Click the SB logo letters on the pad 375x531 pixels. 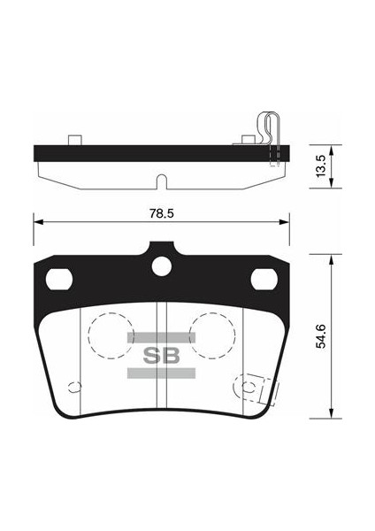click(x=160, y=356)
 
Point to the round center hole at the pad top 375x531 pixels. click(x=161, y=265)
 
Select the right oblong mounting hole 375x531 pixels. click(x=264, y=279)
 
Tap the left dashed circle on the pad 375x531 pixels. click(x=109, y=336)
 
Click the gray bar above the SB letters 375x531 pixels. click(x=160, y=337)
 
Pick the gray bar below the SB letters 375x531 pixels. click(x=160, y=374)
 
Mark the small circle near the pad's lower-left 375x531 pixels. click(x=74, y=386)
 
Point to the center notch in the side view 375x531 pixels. click(x=160, y=183)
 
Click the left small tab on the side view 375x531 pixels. click(x=75, y=139)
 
